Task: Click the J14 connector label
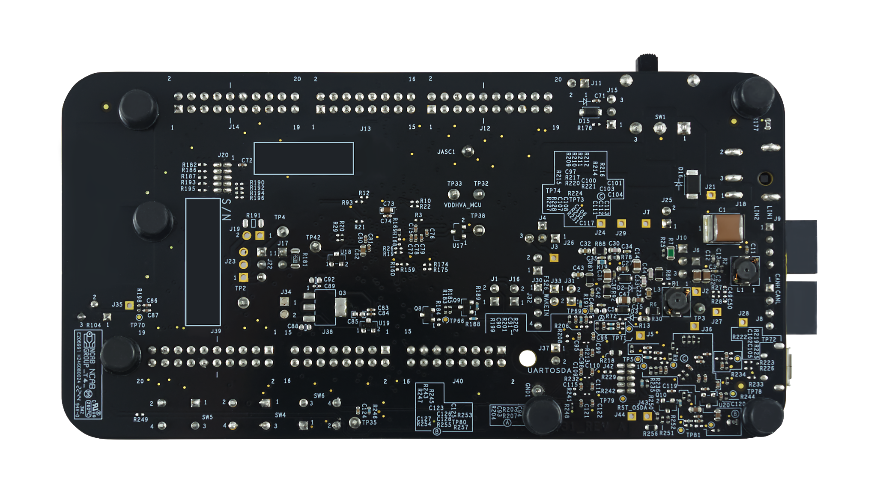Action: coord(234,127)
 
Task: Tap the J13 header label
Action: coord(365,128)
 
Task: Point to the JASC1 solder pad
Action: coord(468,151)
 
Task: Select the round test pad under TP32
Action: coord(479,194)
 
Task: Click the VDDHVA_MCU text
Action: coord(462,205)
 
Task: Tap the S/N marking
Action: coord(227,209)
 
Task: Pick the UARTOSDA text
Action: coord(549,371)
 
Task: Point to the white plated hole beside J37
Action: coord(527,358)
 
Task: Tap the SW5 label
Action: coord(207,417)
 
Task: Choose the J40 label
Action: coord(457,381)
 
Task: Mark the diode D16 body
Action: coord(692,184)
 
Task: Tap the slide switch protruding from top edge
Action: coord(646,63)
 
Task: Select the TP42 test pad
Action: coord(315,246)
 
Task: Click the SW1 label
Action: coord(660,117)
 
